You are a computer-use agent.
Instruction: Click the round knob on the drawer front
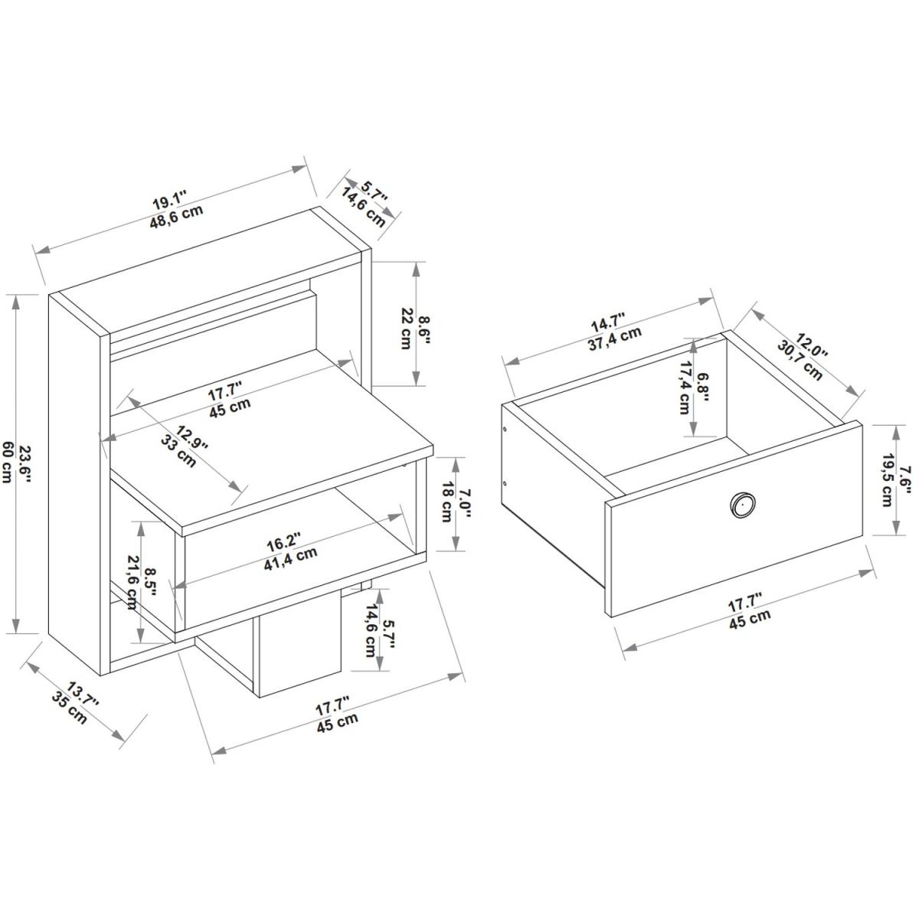point(743,504)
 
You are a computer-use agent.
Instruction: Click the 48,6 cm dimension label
point(176,217)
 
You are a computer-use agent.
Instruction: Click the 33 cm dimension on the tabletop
point(179,450)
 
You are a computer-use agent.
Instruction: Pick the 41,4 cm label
point(290,558)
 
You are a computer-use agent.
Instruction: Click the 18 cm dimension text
point(446,502)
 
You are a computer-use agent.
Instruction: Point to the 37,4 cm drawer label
point(614,339)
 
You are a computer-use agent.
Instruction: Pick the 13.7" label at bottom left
point(82,696)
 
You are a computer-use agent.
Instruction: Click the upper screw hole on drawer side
point(505,430)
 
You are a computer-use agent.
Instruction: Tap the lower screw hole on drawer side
point(505,483)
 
